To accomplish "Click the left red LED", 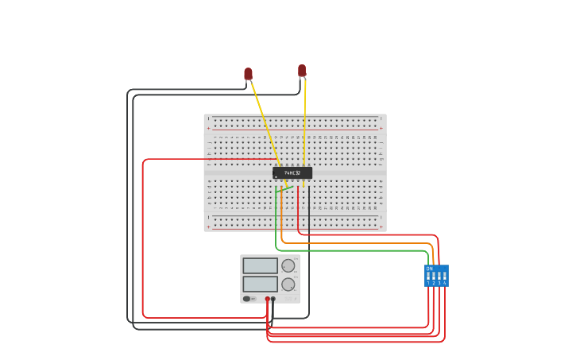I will click(x=248, y=74).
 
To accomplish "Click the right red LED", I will click(x=302, y=71).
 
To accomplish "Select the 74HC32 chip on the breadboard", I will click(x=292, y=172).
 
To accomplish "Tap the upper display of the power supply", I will click(x=260, y=265).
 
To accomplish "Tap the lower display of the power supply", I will click(x=260, y=284).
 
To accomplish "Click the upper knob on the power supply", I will click(x=288, y=265).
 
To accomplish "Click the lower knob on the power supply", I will click(x=288, y=285).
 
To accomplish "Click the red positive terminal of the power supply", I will click(x=267, y=300).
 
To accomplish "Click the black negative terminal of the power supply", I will click(x=273, y=300).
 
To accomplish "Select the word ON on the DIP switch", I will click(x=429, y=269).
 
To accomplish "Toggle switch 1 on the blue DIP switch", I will click(x=428, y=277).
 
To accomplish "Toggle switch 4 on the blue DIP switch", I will click(x=444, y=277).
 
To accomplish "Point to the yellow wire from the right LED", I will click(x=305, y=119).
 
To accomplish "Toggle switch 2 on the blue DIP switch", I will click(x=434, y=277).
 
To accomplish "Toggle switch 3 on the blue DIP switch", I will click(x=439, y=277).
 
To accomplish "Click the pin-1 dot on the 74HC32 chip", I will click(x=276, y=176).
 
